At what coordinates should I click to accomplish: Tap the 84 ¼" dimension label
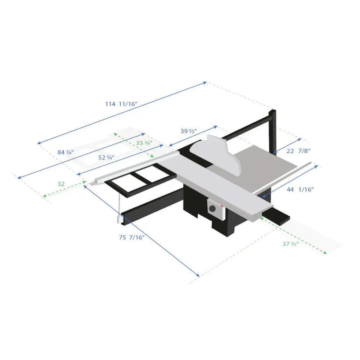click(66, 152)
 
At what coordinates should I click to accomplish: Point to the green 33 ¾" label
click(144, 143)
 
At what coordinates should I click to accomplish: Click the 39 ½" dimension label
click(188, 131)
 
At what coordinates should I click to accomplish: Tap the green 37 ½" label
click(291, 244)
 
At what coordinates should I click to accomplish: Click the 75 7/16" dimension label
click(132, 237)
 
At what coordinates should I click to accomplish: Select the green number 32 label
click(61, 184)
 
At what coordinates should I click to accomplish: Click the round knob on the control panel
click(213, 208)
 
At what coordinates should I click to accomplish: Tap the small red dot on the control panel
click(222, 206)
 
